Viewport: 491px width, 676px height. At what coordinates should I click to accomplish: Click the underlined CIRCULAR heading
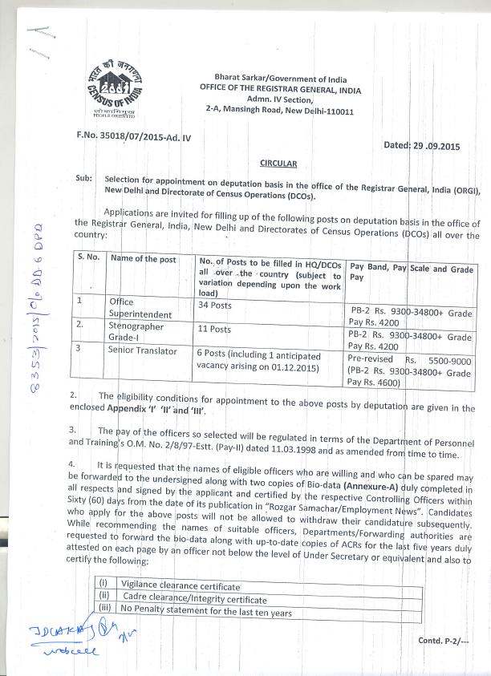click(x=279, y=164)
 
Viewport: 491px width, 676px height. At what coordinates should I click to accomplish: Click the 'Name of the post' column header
click(x=143, y=258)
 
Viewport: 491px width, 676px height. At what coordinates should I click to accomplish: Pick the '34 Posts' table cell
click(x=214, y=306)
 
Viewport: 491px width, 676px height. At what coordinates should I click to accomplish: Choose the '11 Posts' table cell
click(x=214, y=329)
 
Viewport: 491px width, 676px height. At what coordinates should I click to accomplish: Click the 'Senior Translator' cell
click(x=143, y=351)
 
